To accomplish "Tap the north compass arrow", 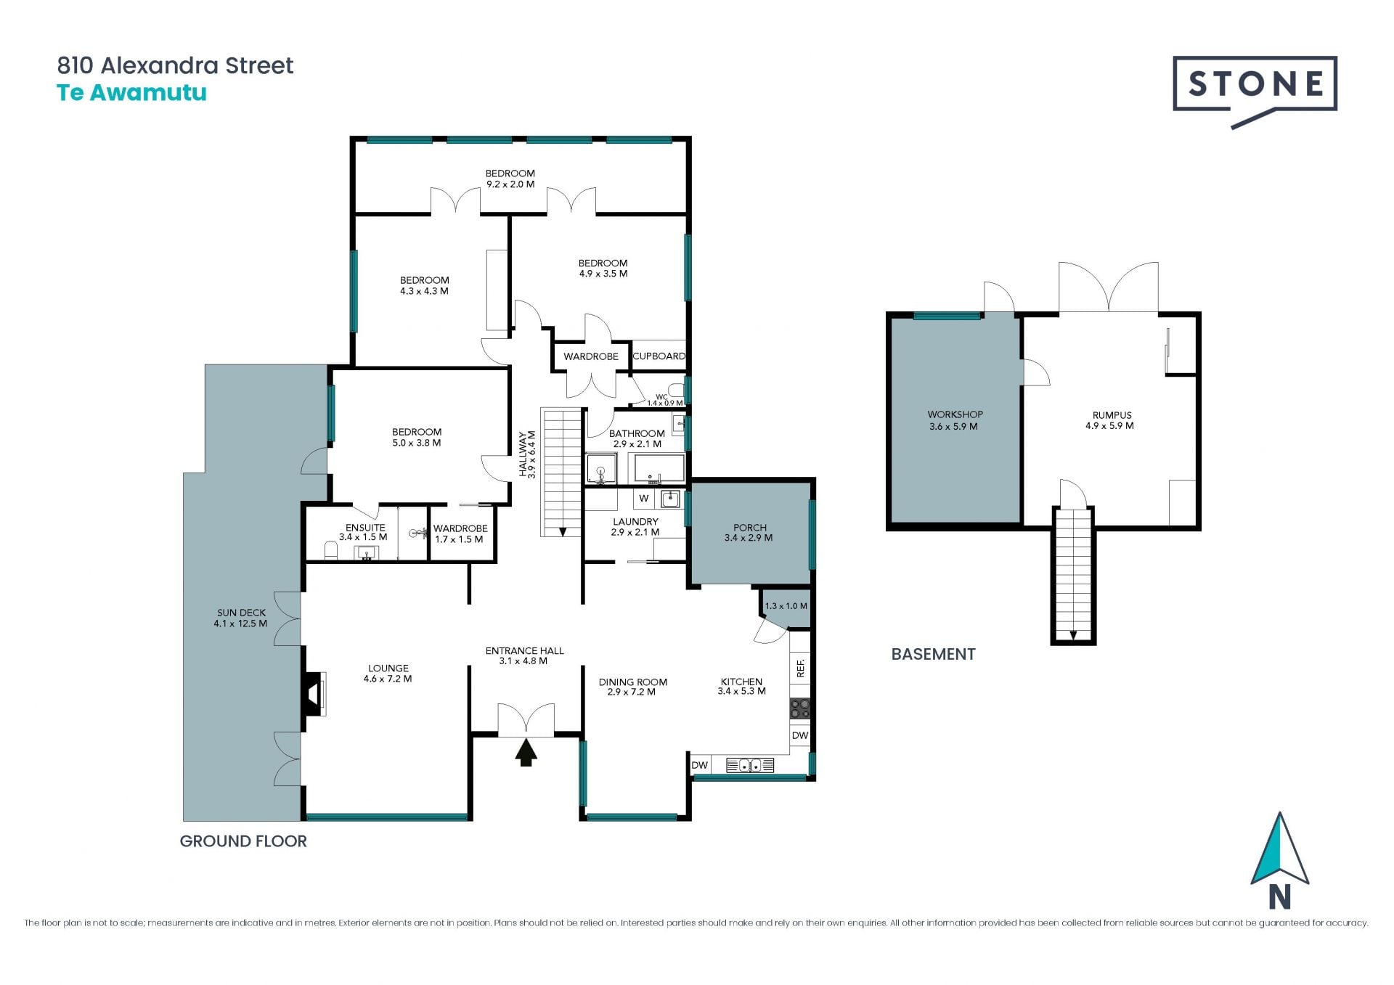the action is (x=1279, y=849).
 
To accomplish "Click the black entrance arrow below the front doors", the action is (x=526, y=753).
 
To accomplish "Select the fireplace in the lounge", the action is (x=314, y=694).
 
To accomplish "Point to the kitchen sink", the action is (x=749, y=765).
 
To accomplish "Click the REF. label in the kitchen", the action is (x=801, y=668).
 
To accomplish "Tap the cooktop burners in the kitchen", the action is (x=799, y=708).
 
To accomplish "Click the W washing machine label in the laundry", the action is (x=643, y=499).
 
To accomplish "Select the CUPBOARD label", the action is (x=659, y=356).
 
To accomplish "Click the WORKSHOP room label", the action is (x=955, y=414).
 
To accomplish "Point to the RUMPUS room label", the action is (x=1112, y=415).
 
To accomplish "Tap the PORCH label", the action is (x=750, y=528).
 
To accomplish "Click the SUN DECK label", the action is (x=241, y=613).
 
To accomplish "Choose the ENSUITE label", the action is (x=365, y=528).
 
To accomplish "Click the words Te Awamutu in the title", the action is (x=131, y=93).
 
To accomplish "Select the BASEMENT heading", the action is (x=933, y=654).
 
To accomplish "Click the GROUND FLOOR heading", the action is (x=243, y=841).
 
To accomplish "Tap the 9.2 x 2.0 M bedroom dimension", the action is (x=510, y=184).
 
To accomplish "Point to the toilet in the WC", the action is (x=675, y=390).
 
